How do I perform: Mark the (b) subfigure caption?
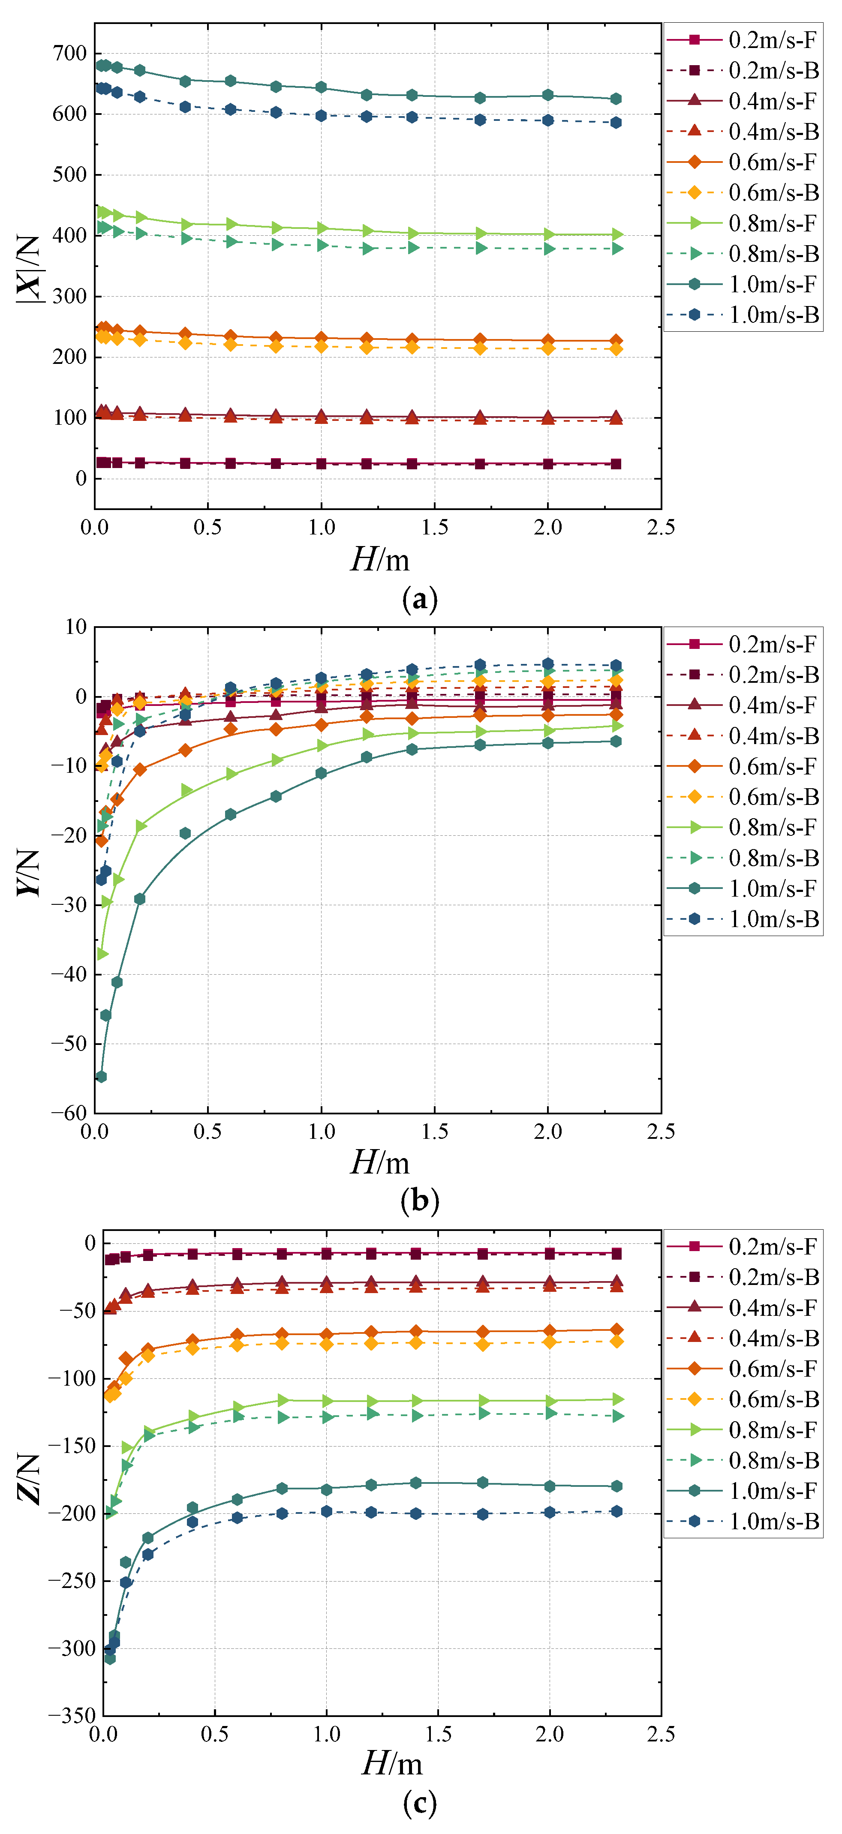pyautogui.click(x=420, y=1201)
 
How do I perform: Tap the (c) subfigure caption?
pyautogui.click(x=420, y=1804)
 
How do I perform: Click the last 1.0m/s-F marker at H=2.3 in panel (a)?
pyautogui.click(x=616, y=99)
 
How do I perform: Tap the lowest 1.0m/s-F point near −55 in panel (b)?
pyautogui.click(x=101, y=1077)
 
